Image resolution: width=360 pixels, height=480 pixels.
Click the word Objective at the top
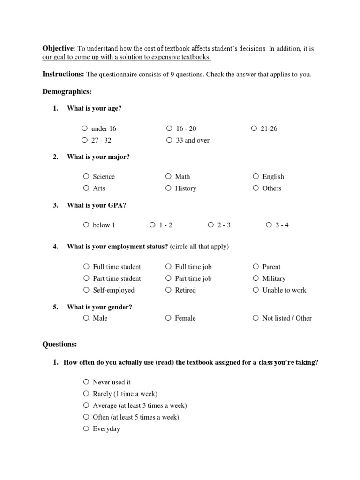click(x=58, y=49)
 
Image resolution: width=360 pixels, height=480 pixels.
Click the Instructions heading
click(x=63, y=74)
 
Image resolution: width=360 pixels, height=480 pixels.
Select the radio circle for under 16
click(x=84, y=128)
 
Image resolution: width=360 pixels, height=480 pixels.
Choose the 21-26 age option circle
click(x=254, y=128)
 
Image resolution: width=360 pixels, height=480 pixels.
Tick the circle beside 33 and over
click(x=169, y=140)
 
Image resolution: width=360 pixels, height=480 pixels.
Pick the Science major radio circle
click(x=86, y=176)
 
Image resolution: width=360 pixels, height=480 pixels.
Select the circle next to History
click(x=168, y=188)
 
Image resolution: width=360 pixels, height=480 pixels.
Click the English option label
click(x=273, y=177)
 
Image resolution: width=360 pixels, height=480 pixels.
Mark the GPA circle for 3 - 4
click(x=269, y=225)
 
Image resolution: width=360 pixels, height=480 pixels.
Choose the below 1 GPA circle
click(x=86, y=225)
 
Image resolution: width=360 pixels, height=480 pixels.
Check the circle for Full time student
click(x=86, y=266)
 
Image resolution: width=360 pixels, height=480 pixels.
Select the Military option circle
click(x=255, y=278)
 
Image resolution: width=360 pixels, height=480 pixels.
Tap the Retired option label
click(x=185, y=290)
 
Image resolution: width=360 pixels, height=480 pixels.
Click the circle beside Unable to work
click(x=255, y=290)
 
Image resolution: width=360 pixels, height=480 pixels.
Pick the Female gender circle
click(x=168, y=318)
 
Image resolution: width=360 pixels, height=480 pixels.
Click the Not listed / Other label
click(x=287, y=318)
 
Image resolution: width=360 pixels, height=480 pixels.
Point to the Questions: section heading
click(x=60, y=344)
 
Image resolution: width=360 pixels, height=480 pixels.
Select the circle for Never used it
click(x=86, y=382)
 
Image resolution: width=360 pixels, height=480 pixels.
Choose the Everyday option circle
click(x=86, y=428)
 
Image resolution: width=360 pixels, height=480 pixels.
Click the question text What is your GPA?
click(x=97, y=205)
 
